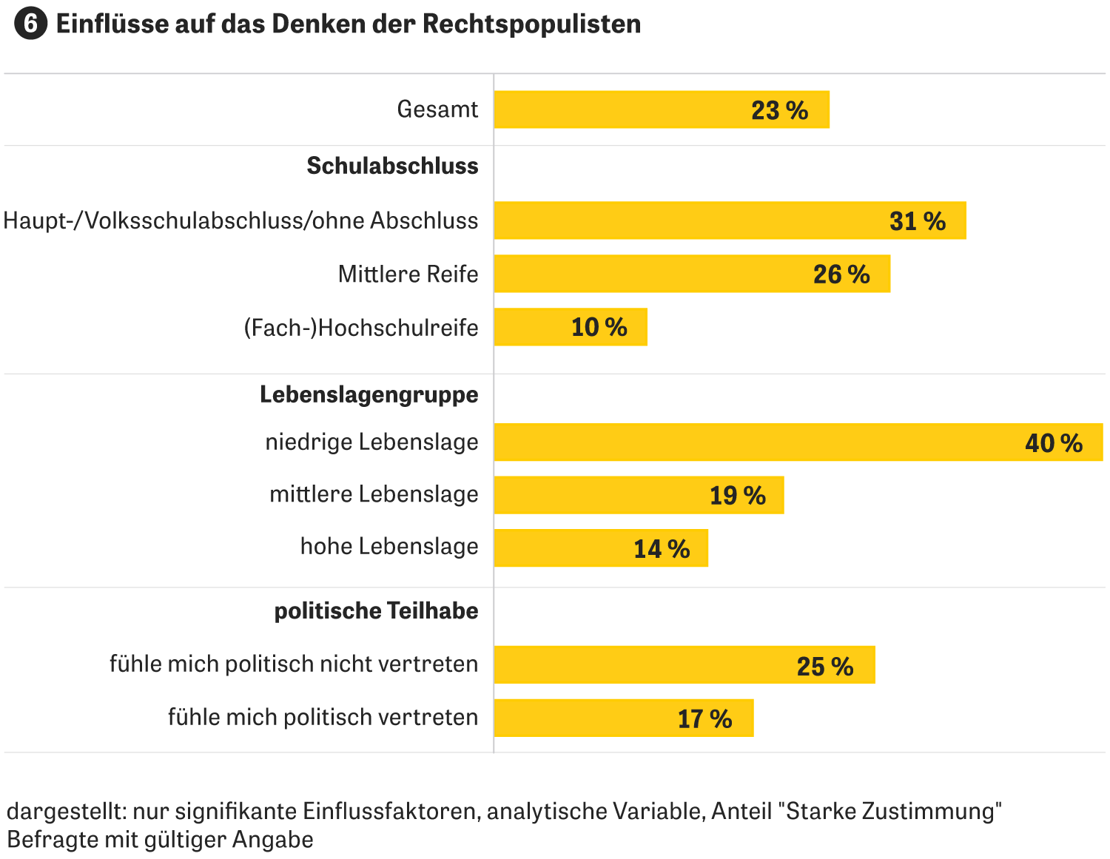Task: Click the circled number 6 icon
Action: [30, 24]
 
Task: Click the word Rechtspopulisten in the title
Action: [531, 24]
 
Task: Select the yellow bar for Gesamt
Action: [661, 110]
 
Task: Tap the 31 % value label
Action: [917, 221]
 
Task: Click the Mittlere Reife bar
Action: [691, 274]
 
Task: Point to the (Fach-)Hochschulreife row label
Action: [361, 328]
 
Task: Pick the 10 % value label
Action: [599, 327]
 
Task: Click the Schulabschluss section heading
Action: [392, 166]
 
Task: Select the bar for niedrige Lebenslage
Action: [798, 442]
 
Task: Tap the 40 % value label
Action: [1053, 443]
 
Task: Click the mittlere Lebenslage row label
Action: [374, 494]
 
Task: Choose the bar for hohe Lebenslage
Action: [600, 548]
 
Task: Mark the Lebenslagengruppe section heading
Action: [369, 394]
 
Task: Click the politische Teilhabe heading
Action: [376, 611]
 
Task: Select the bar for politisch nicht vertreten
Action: [684, 664]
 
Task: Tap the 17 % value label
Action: [704, 718]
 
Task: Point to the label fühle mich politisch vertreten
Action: [323, 717]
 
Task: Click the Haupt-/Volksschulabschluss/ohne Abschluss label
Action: [240, 220]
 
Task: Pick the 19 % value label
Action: [737, 495]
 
